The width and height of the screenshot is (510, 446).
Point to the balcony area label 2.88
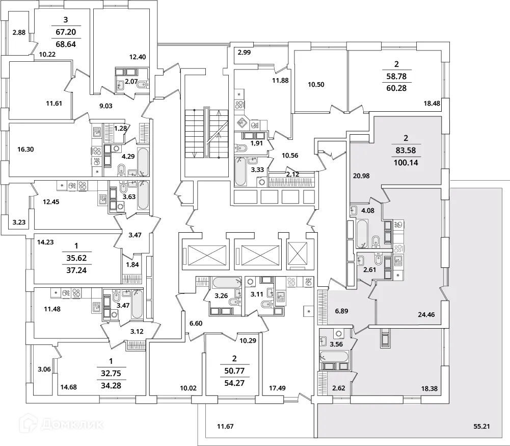click(19, 33)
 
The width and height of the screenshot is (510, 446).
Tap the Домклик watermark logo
click(62, 423)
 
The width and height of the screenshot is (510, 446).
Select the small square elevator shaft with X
click(298, 253)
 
